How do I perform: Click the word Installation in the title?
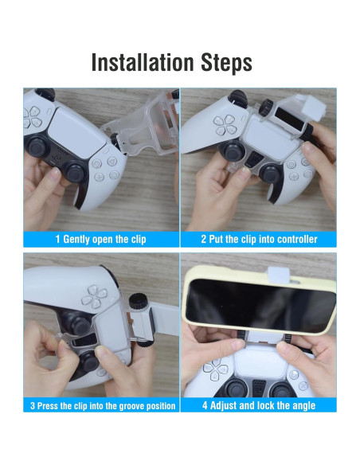coord(143,62)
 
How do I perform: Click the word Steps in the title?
coord(226,63)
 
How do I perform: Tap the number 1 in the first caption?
coord(57,239)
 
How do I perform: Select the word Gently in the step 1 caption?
coord(76,240)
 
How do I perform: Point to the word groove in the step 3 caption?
coord(133,406)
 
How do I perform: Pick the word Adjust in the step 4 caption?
coord(224,405)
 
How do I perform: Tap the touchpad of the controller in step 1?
coord(78,133)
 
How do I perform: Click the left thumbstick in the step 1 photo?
coord(37,145)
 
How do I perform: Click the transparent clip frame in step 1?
coord(143,124)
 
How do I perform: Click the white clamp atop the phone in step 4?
coord(278,274)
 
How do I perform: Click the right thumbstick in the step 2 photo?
coord(272,174)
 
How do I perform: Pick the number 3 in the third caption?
coord(33,406)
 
